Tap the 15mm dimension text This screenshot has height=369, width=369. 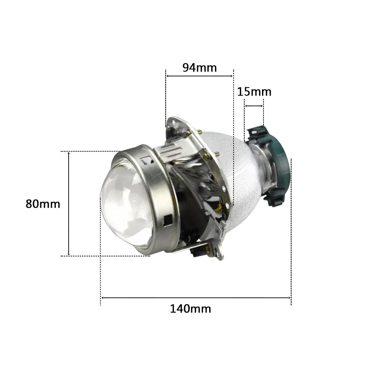pos(254,92)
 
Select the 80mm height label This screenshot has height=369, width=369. pos(43,203)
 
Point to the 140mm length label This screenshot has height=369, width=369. pos(190,308)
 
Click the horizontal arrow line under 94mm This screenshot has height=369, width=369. pos(199,76)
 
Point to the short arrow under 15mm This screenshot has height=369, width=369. pos(254,106)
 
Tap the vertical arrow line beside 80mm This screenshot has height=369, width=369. pos(69,203)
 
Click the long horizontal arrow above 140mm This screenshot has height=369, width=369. pos(196,297)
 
